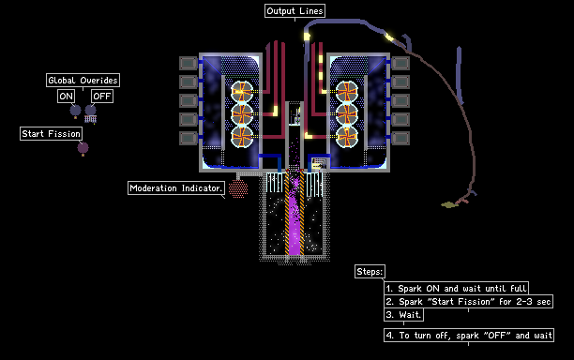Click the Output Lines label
[x=295, y=11]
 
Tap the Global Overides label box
[x=83, y=80]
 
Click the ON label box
[x=67, y=97]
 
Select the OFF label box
[x=102, y=97]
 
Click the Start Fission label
[x=51, y=133]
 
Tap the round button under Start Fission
[x=83, y=148]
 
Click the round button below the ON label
[x=75, y=110]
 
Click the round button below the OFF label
[x=90, y=110]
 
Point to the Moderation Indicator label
[x=176, y=188]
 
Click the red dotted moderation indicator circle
[x=238, y=188]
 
